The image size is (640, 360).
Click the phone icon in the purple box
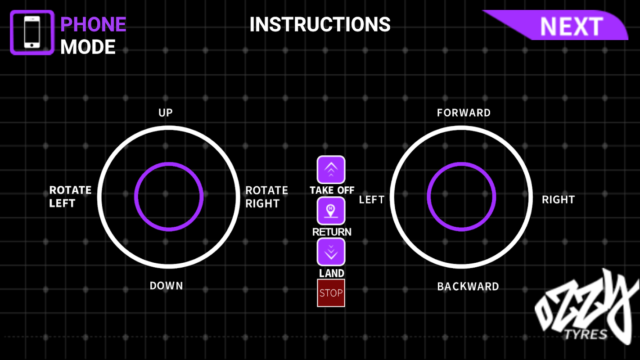point(32,32)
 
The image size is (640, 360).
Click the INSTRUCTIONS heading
point(320,24)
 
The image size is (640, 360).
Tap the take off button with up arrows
point(331,170)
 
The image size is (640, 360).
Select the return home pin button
point(331,211)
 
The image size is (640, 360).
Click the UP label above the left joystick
point(166,112)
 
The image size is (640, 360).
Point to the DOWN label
point(166,286)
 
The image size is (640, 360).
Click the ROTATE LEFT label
point(70,197)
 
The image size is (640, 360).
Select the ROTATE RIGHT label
point(266,197)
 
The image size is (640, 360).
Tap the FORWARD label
point(464,112)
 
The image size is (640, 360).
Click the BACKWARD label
point(468,286)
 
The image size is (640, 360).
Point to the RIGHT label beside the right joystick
point(558,200)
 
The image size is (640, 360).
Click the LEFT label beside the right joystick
point(372,200)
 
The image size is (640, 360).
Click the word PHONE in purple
point(93,24)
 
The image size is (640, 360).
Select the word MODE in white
point(88,47)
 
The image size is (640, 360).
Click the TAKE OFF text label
point(332,190)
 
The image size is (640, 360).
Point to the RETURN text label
point(332,232)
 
